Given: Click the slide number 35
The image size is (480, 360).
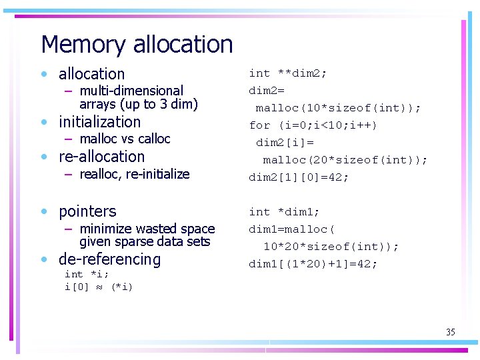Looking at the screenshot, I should coord(451,332).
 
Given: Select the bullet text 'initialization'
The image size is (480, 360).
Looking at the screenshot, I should coord(100,122).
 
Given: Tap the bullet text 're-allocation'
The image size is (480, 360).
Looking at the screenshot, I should coord(101,157).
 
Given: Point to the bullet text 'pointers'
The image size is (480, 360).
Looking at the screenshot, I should coord(87,211).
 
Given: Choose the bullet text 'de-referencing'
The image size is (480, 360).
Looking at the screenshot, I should coord(110,259).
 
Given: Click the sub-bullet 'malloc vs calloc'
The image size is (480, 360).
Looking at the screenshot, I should coord(125,139).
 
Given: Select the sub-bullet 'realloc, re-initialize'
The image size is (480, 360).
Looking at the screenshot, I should coord(134,174).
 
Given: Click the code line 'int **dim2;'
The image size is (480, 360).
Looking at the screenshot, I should coord(288,73).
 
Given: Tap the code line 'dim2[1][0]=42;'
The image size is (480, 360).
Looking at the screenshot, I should coord(299,177).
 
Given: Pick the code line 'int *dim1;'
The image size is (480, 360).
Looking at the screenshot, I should coord(285,212).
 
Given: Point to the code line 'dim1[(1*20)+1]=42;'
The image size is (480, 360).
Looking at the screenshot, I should coord(313,264).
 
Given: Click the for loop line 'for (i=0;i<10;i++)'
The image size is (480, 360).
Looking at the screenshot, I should coord(313,125).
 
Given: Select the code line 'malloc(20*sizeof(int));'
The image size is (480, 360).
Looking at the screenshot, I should coord(345,160).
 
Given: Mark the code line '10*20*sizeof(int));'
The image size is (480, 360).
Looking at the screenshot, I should coord(331,247).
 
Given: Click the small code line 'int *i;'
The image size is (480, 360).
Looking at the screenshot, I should coord(87,274).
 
